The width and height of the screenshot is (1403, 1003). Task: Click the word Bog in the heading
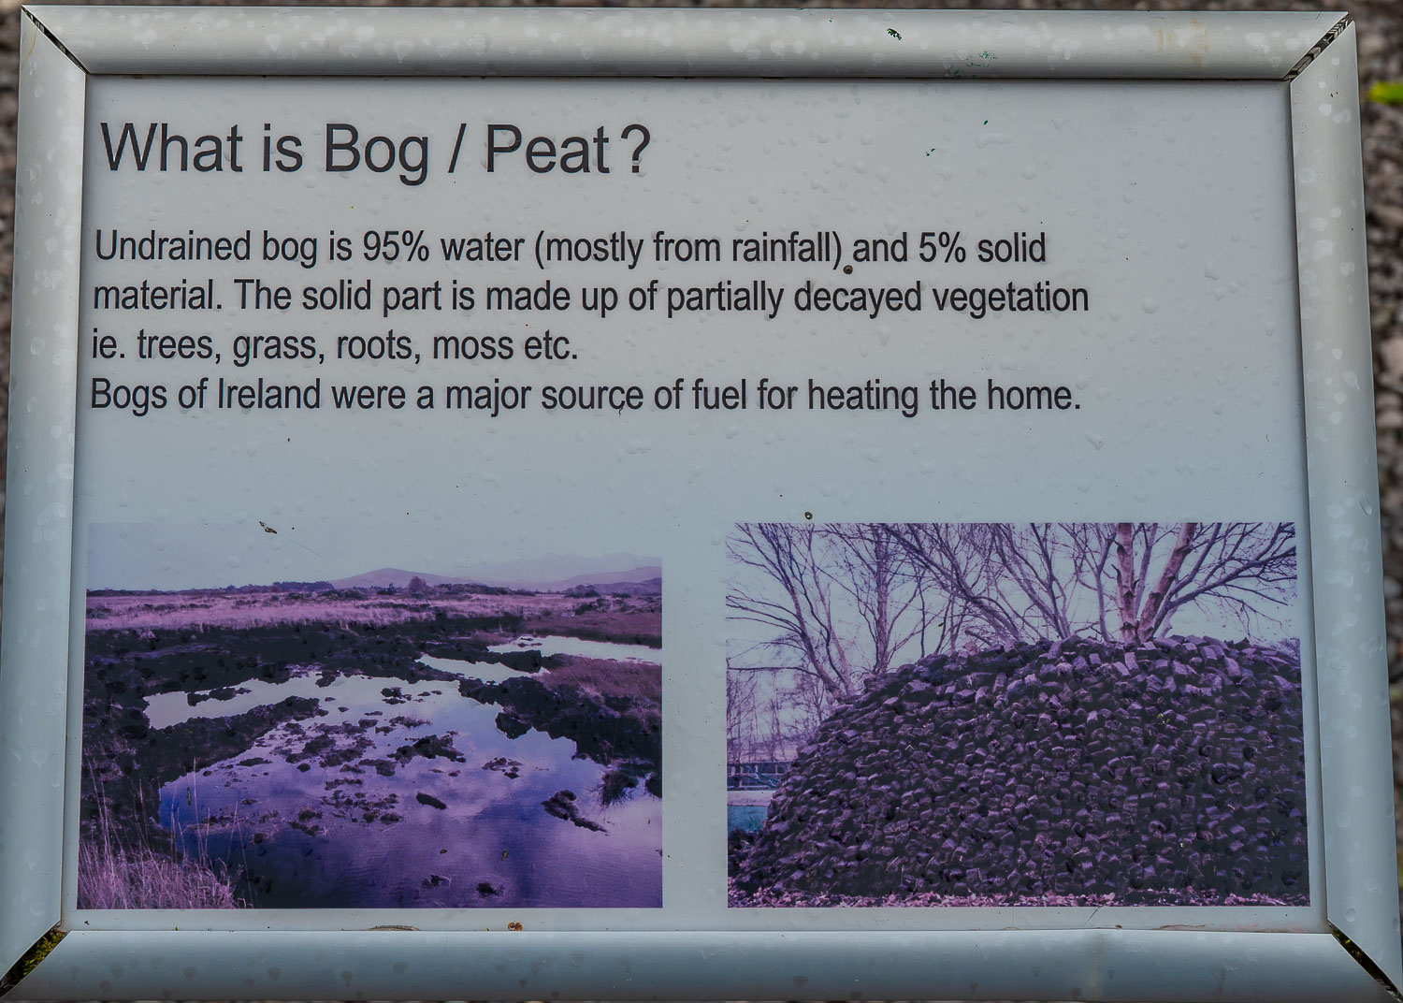[376, 153]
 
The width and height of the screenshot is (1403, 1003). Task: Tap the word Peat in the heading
[547, 150]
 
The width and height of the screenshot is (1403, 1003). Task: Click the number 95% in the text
[396, 247]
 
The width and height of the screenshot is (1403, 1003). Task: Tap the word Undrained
[173, 246]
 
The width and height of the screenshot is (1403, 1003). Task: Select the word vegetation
[1010, 298]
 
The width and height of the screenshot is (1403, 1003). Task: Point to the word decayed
[858, 298]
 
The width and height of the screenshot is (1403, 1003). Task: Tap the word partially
[724, 298]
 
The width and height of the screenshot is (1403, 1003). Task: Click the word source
[592, 397]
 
